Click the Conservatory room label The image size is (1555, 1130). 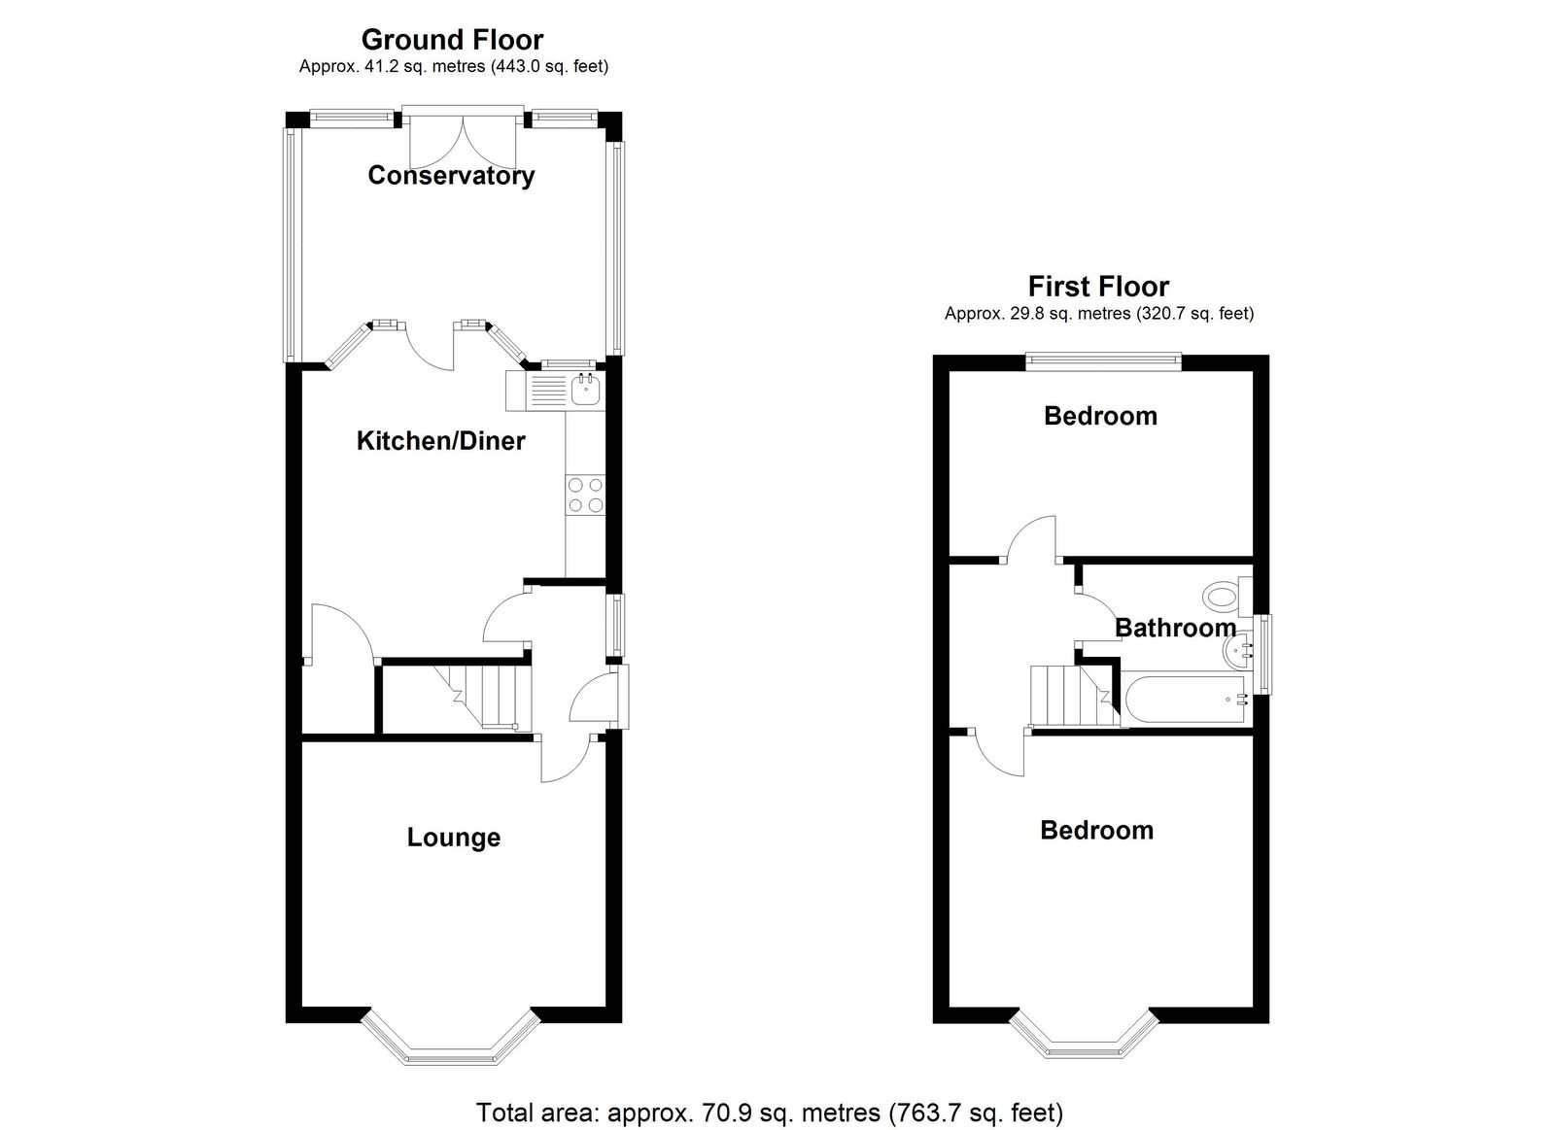451,175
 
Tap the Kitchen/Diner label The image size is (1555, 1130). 441,441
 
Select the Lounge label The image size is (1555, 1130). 453,838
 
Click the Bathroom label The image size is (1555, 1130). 1175,628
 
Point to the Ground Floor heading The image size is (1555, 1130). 453,40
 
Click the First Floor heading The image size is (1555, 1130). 1098,286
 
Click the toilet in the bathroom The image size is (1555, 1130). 1227,597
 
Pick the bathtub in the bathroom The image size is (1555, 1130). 1187,700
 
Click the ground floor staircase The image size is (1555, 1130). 482,697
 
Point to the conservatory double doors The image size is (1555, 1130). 463,142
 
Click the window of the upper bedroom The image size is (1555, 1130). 1104,359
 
